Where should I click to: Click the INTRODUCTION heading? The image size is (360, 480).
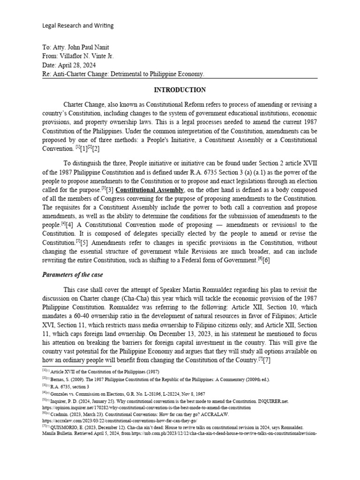(180, 90)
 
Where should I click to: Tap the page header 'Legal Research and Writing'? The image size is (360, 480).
(78, 26)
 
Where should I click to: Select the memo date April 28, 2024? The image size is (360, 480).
(80, 65)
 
